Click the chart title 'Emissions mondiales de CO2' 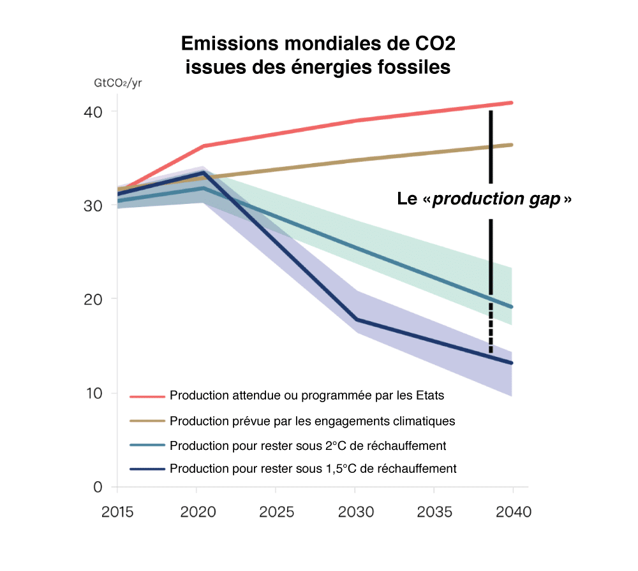318,44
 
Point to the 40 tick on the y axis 94,112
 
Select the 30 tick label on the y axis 94,206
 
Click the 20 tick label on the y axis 94,299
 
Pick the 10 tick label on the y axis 94,393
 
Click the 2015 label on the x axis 117,512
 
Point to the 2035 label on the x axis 434,512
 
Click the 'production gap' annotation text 484,199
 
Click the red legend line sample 147,396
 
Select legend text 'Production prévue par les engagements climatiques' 312,421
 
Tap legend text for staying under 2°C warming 308,445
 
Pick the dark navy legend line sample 147,469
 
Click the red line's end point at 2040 512,103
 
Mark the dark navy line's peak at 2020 202,173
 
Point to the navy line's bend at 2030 355,319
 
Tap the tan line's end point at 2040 512,145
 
